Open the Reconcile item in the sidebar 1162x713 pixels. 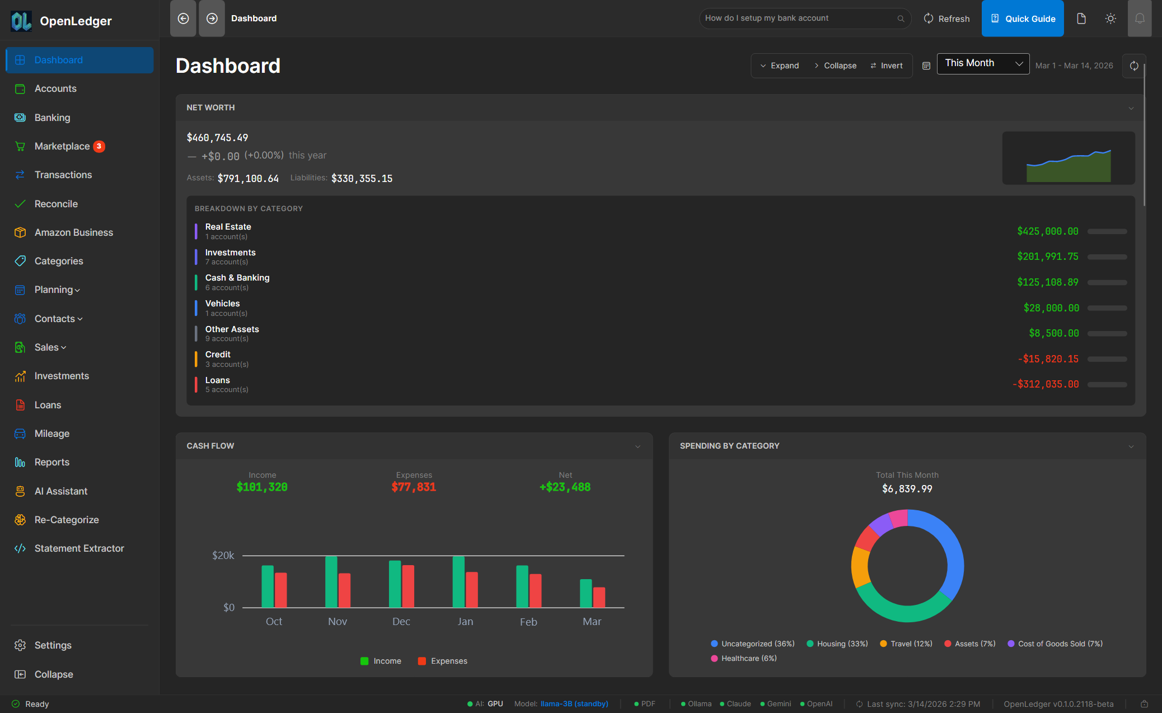pos(56,204)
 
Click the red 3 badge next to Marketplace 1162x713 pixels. pos(99,146)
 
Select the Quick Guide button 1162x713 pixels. pos(1023,18)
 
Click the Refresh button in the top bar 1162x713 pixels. pos(947,18)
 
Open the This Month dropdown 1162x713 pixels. pos(983,63)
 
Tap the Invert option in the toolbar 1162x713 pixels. pos(887,66)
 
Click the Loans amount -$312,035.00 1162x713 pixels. pos(1045,384)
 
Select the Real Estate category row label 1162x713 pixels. pos(228,227)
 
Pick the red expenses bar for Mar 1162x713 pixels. pos(599,597)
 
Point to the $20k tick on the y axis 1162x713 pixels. pos(223,556)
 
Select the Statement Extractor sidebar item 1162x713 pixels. pos(79,548)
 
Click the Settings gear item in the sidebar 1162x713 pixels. pos(53,645)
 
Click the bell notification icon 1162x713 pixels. pos(1139,18)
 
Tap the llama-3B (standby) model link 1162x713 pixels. pos(574,704)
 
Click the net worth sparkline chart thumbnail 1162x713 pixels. pos(1068,159)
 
